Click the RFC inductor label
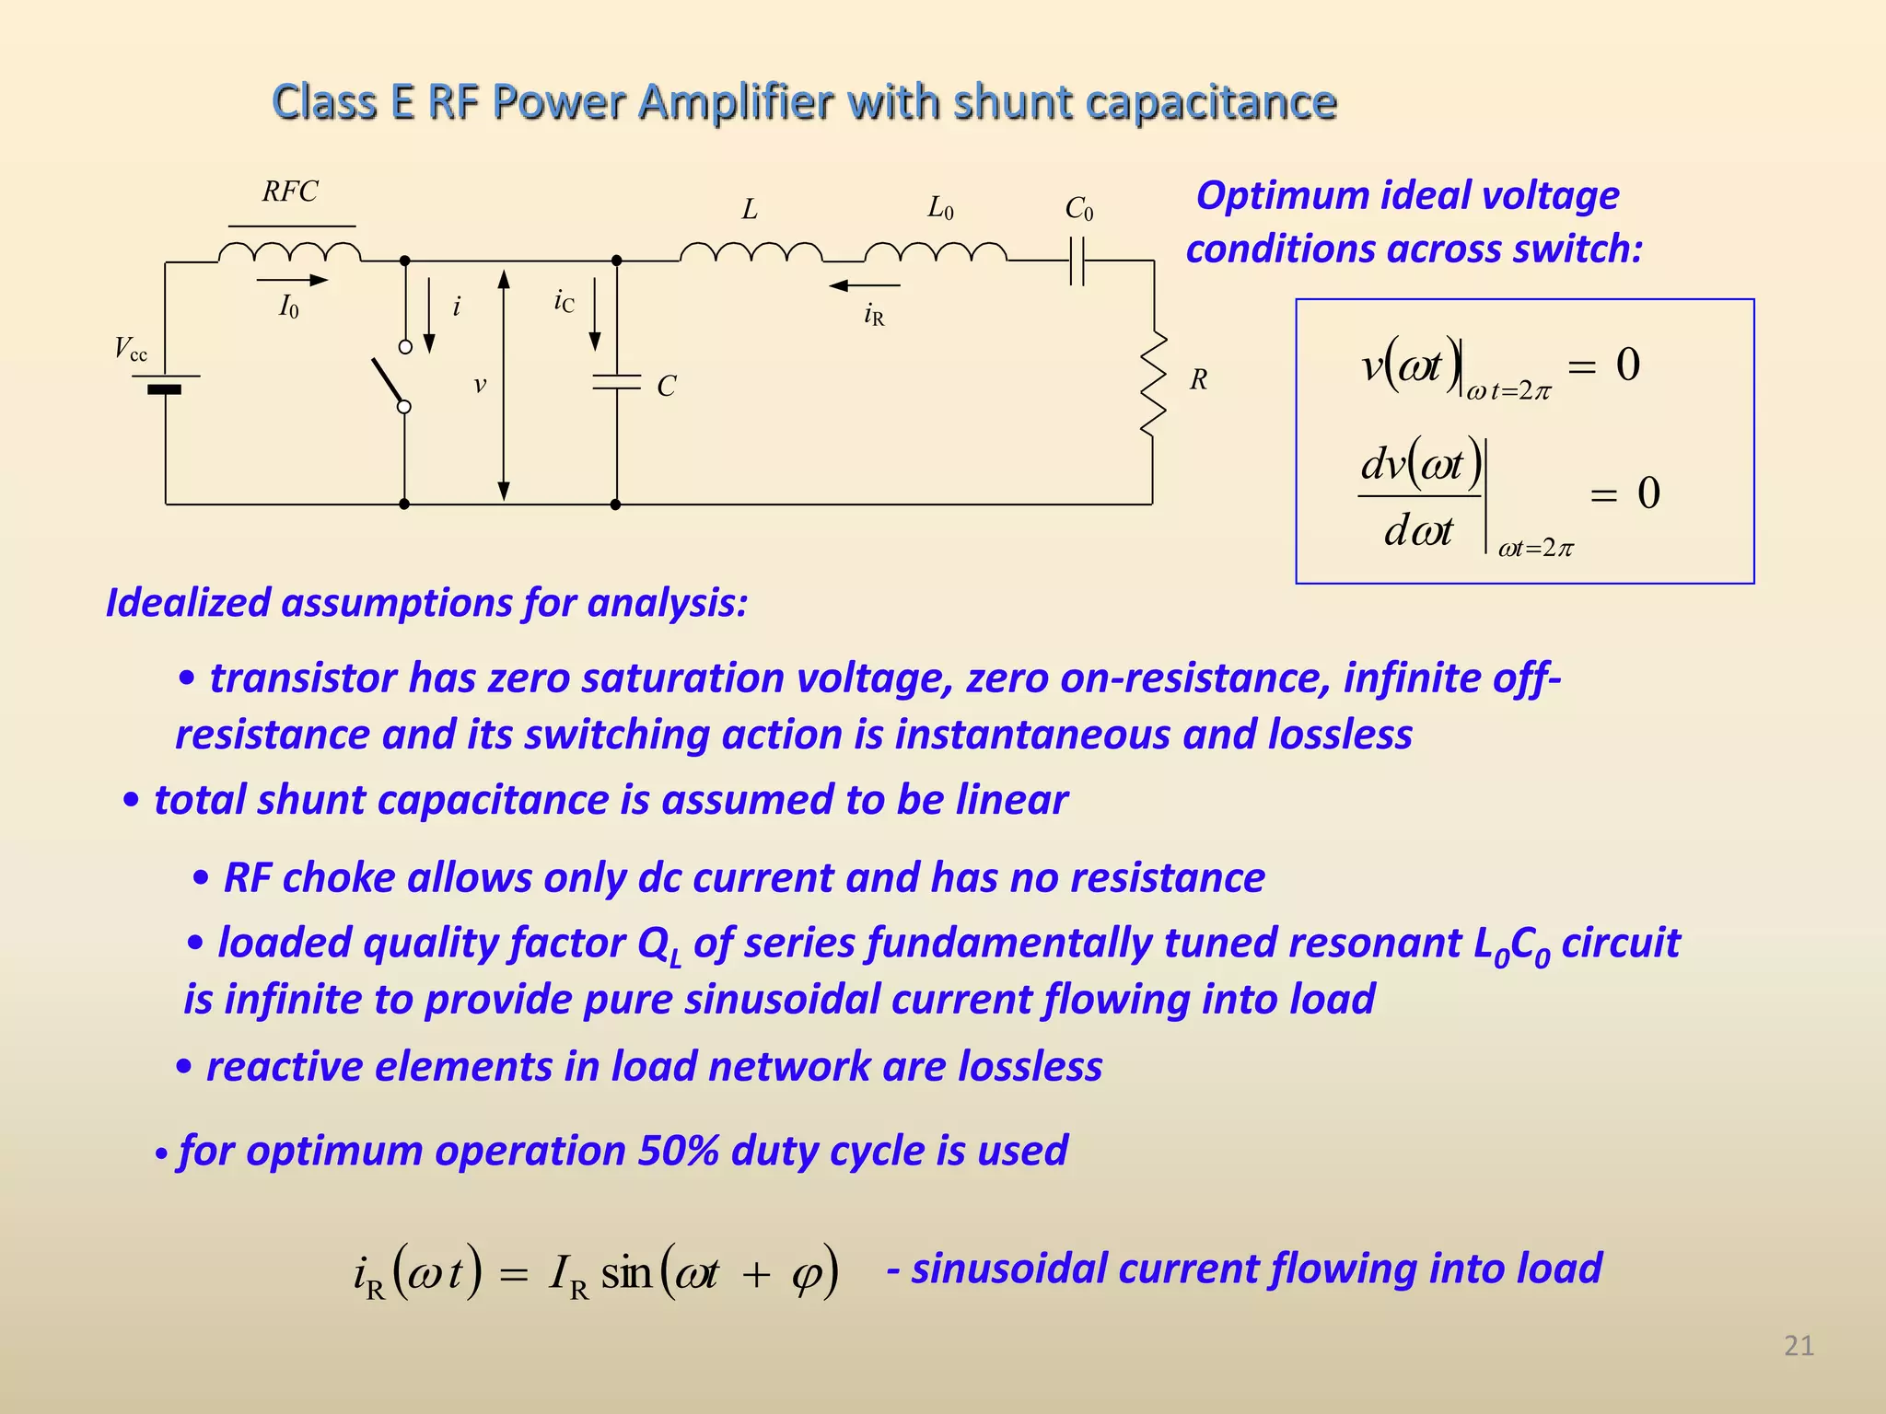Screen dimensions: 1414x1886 [x=290, y=191]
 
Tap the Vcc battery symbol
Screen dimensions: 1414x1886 [x=165, y=383]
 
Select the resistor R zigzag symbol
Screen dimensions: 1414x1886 [x=1153, y=383]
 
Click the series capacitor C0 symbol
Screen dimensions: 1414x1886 [x=1078, y=261]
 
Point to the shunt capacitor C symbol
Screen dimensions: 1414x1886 [x=616, y=382]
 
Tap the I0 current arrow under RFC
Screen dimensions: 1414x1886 [x=292, y=280]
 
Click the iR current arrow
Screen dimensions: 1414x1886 [x=864, y=285]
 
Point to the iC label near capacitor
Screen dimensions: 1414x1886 [x=564, y=301]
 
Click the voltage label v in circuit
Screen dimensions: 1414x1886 [x=480, y=385]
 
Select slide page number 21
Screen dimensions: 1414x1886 [x=1799, y=1346]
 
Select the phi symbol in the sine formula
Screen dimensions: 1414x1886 [x=806, y=1274]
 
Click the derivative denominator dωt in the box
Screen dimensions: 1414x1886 [x=1418, y=531]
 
